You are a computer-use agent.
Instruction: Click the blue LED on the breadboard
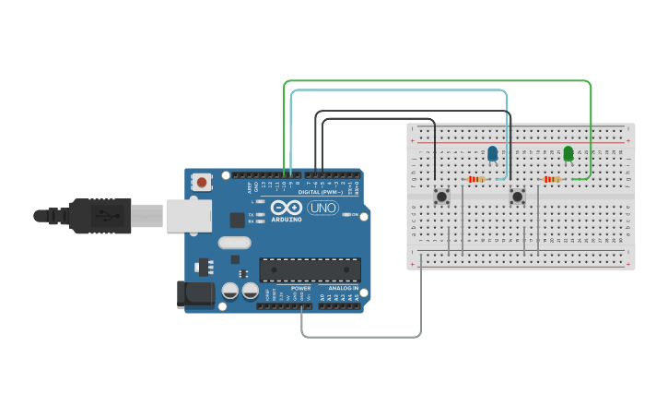tap(492, 152)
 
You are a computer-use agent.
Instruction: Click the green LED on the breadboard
tap(568, 152)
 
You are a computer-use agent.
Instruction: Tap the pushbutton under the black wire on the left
tap(441, 196)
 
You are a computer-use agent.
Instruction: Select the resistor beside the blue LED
tap(476, 179)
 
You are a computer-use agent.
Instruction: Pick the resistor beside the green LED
tap(553, 179)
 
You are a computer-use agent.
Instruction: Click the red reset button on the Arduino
tap(202, 183)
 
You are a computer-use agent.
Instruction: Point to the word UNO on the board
tap(323, 208)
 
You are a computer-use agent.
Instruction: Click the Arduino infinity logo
tap(287, 208)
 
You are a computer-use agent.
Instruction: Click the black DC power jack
tap(194, 294)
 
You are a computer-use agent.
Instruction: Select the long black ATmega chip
tap(309, 269)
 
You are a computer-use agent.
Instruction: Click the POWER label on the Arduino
tap(301, 288)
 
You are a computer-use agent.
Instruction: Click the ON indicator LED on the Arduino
tap(346, 215)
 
